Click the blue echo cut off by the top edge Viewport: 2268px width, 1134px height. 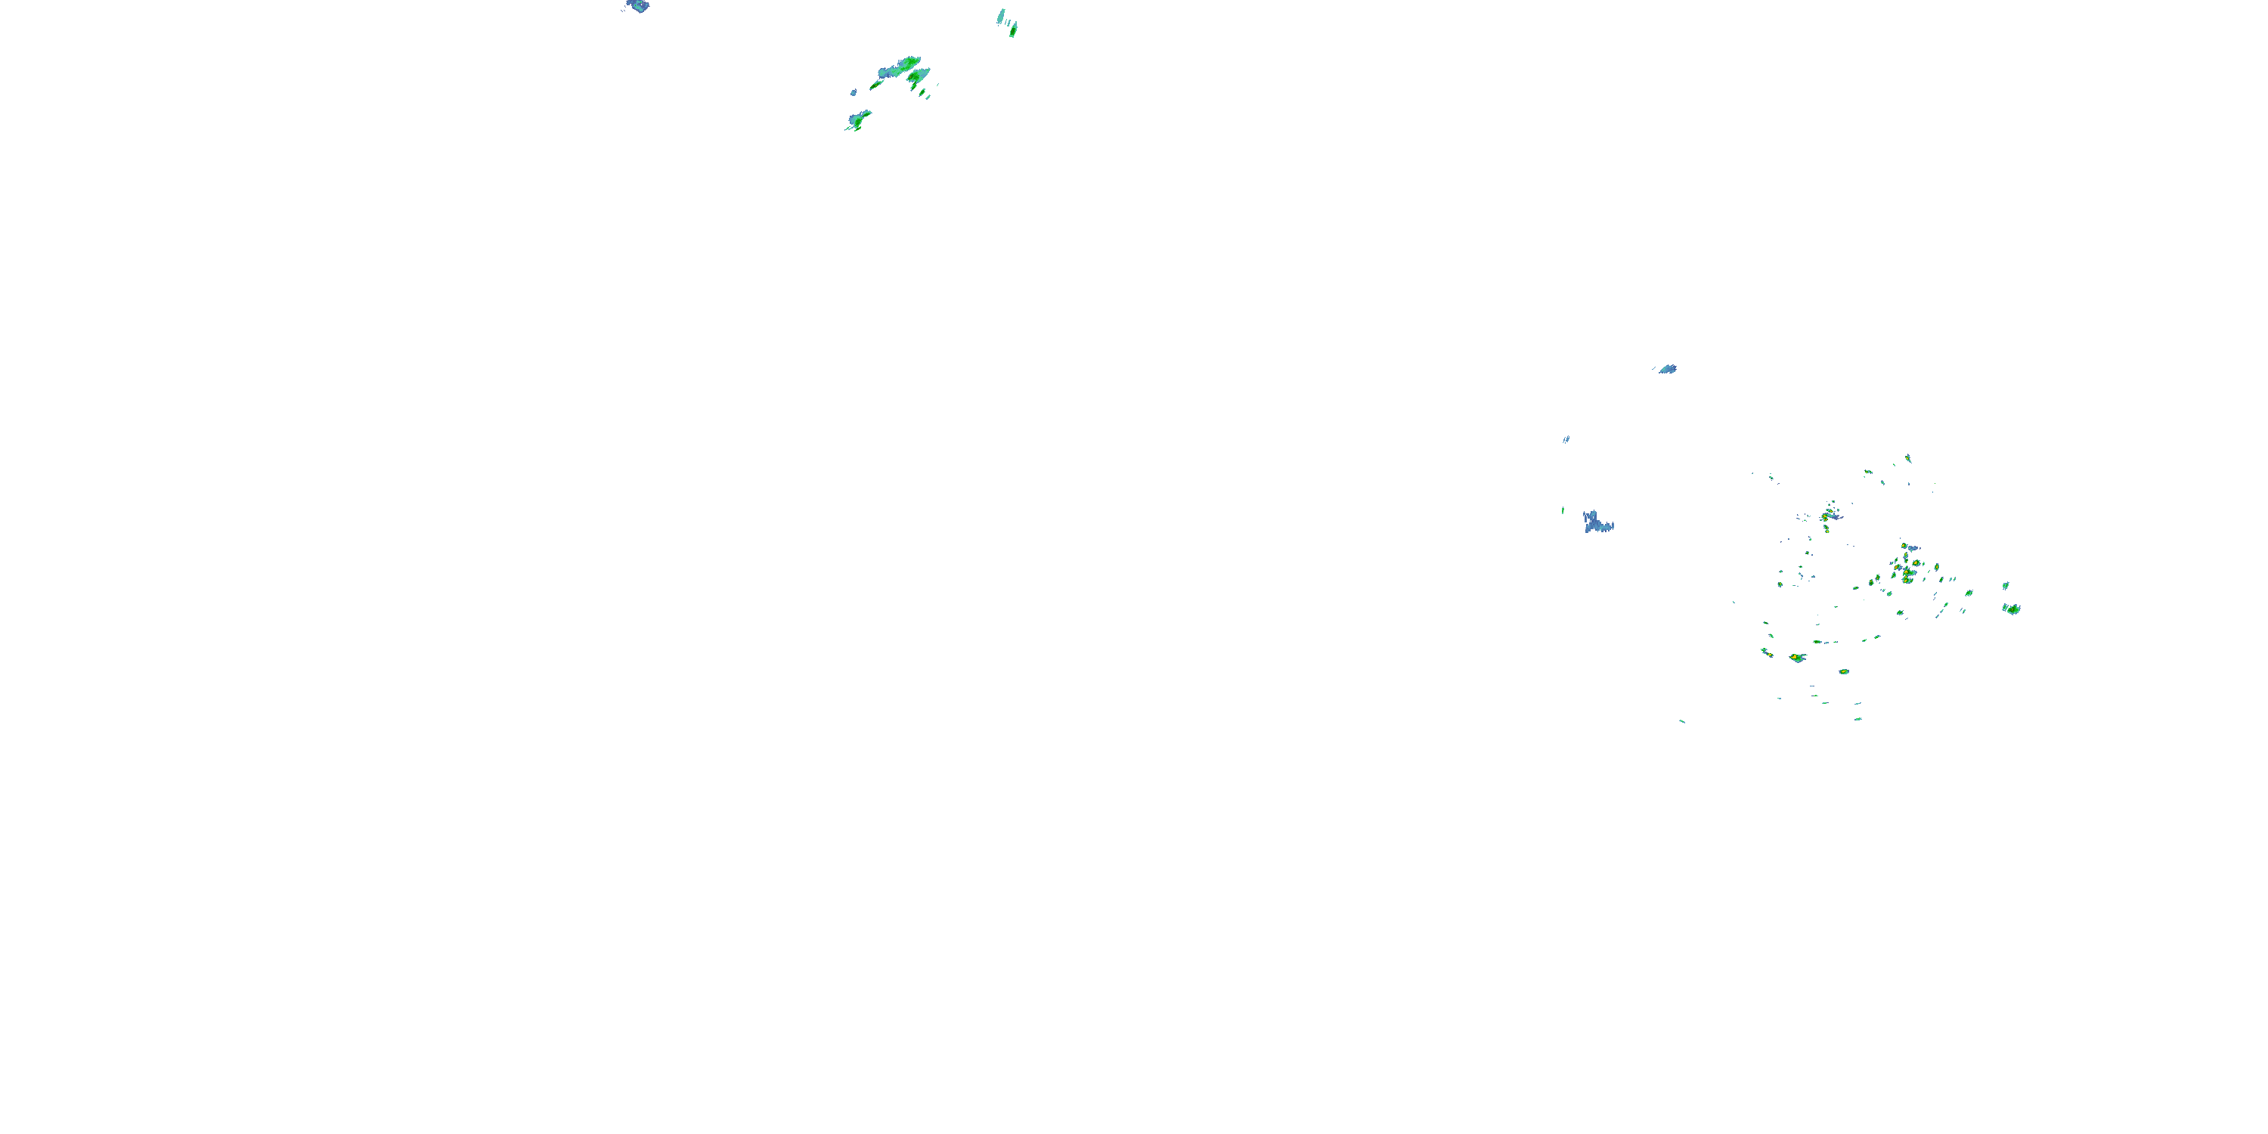coord(637,6)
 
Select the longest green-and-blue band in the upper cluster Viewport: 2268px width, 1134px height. coord(899,67)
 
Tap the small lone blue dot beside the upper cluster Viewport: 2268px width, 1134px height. coord(853,91)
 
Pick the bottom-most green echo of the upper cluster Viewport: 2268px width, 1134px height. coord(857,119)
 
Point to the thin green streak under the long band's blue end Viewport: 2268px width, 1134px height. coord(877,85)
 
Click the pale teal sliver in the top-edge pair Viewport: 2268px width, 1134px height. coord(1001,16)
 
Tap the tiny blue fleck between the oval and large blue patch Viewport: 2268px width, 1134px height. coord(1566,438)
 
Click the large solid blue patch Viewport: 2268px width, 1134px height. coord(1596,523)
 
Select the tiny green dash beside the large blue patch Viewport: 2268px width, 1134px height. coord(1563,510)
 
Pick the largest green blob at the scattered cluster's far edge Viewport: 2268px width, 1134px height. coord(2012,609)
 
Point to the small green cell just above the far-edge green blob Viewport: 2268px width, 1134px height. coord(2006,584)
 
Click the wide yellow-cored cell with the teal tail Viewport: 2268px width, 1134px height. coord(1795,658)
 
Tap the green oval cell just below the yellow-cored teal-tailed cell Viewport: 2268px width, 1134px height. coord(1844,672)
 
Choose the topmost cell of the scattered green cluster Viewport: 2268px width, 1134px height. coord(1909,458)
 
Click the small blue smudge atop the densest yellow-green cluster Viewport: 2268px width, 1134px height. coord(1913,547)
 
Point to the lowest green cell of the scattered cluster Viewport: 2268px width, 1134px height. coord(1857,719)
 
